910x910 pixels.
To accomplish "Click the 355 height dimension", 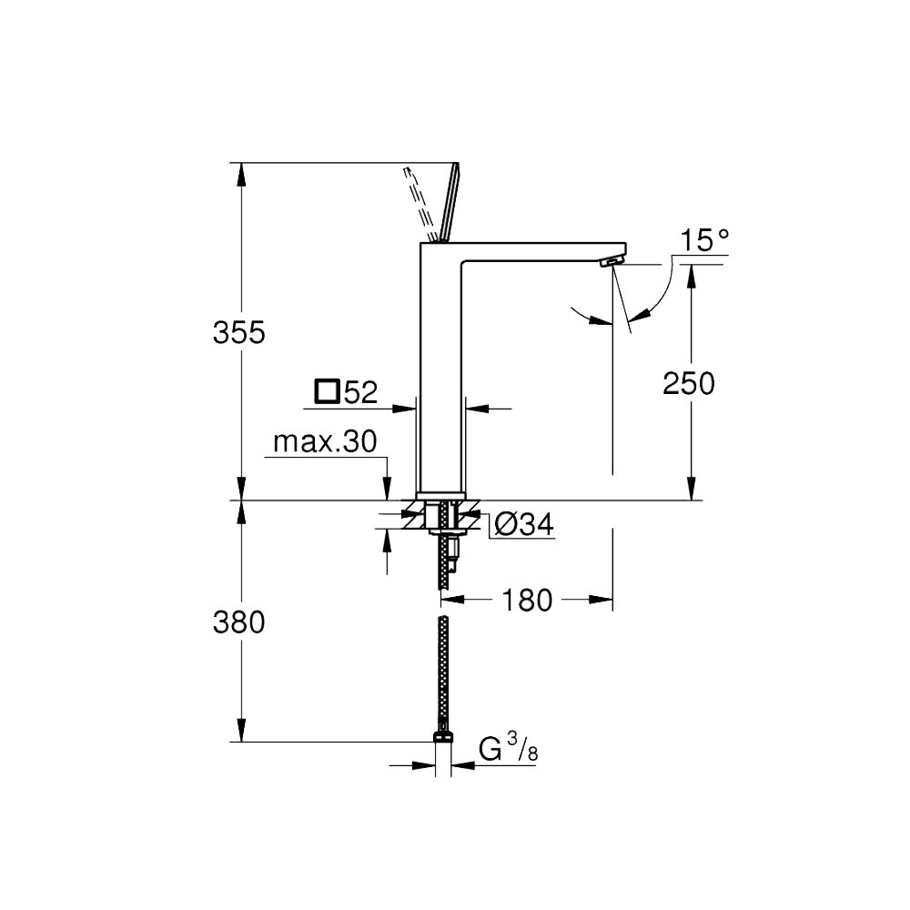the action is tap(238, 332).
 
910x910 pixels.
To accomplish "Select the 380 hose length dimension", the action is tap(238, 622).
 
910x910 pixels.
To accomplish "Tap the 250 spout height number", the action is tap(688, 384).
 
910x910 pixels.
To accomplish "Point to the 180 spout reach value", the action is tap(526, 600).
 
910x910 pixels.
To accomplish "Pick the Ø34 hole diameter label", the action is tap(524, 525).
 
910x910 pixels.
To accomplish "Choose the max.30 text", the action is tap(325, 441).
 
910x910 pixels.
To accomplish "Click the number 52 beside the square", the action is tap(361, 392).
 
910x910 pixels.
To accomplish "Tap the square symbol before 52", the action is tap(328, 391).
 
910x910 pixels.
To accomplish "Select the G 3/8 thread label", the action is tap(508, 749).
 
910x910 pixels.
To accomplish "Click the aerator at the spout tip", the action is tap(612, 261).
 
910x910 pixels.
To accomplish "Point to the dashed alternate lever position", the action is tap(419, 203).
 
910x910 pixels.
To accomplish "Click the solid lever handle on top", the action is tap(450, 201).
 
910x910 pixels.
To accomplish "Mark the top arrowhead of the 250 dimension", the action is tap(691, 277).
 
